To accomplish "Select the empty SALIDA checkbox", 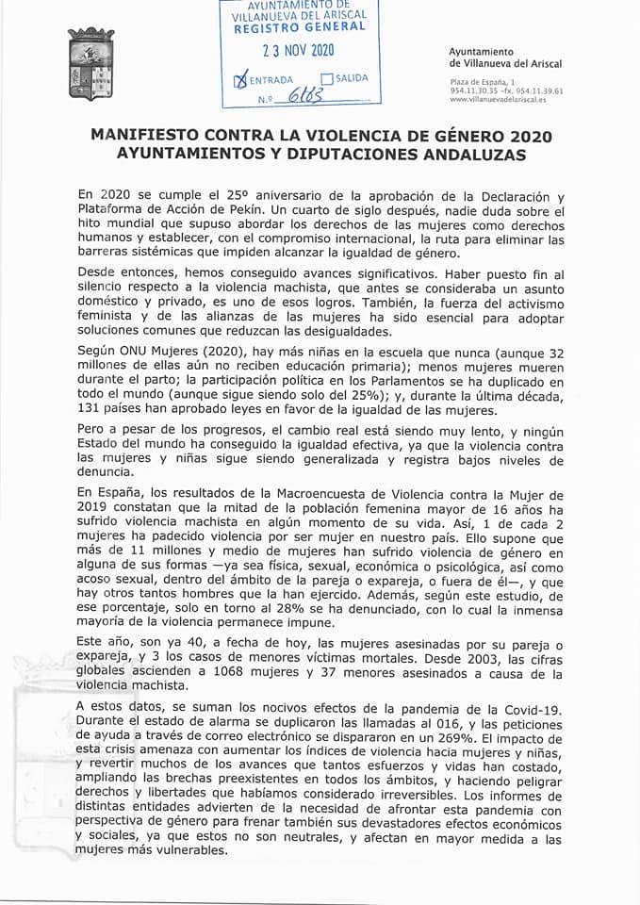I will pos(326,78).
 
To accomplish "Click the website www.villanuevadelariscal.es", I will pos(506,98).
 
